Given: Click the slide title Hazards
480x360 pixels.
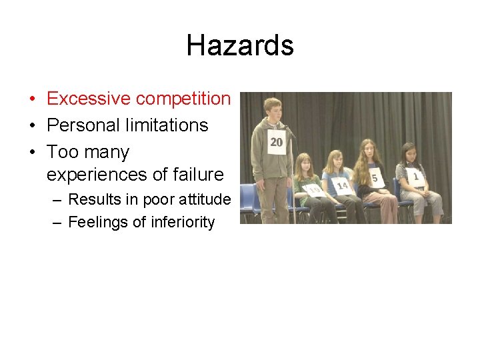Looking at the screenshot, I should [240, 45].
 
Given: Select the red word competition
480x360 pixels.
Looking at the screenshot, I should [183, 99].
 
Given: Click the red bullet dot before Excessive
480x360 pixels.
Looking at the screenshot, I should [32, 99].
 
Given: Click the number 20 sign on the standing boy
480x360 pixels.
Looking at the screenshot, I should [276, 142].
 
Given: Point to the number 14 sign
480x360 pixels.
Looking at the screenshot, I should [343, 185].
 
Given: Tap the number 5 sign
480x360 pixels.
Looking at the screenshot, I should [375, 178].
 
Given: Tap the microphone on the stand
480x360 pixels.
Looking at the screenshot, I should [287, 129].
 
